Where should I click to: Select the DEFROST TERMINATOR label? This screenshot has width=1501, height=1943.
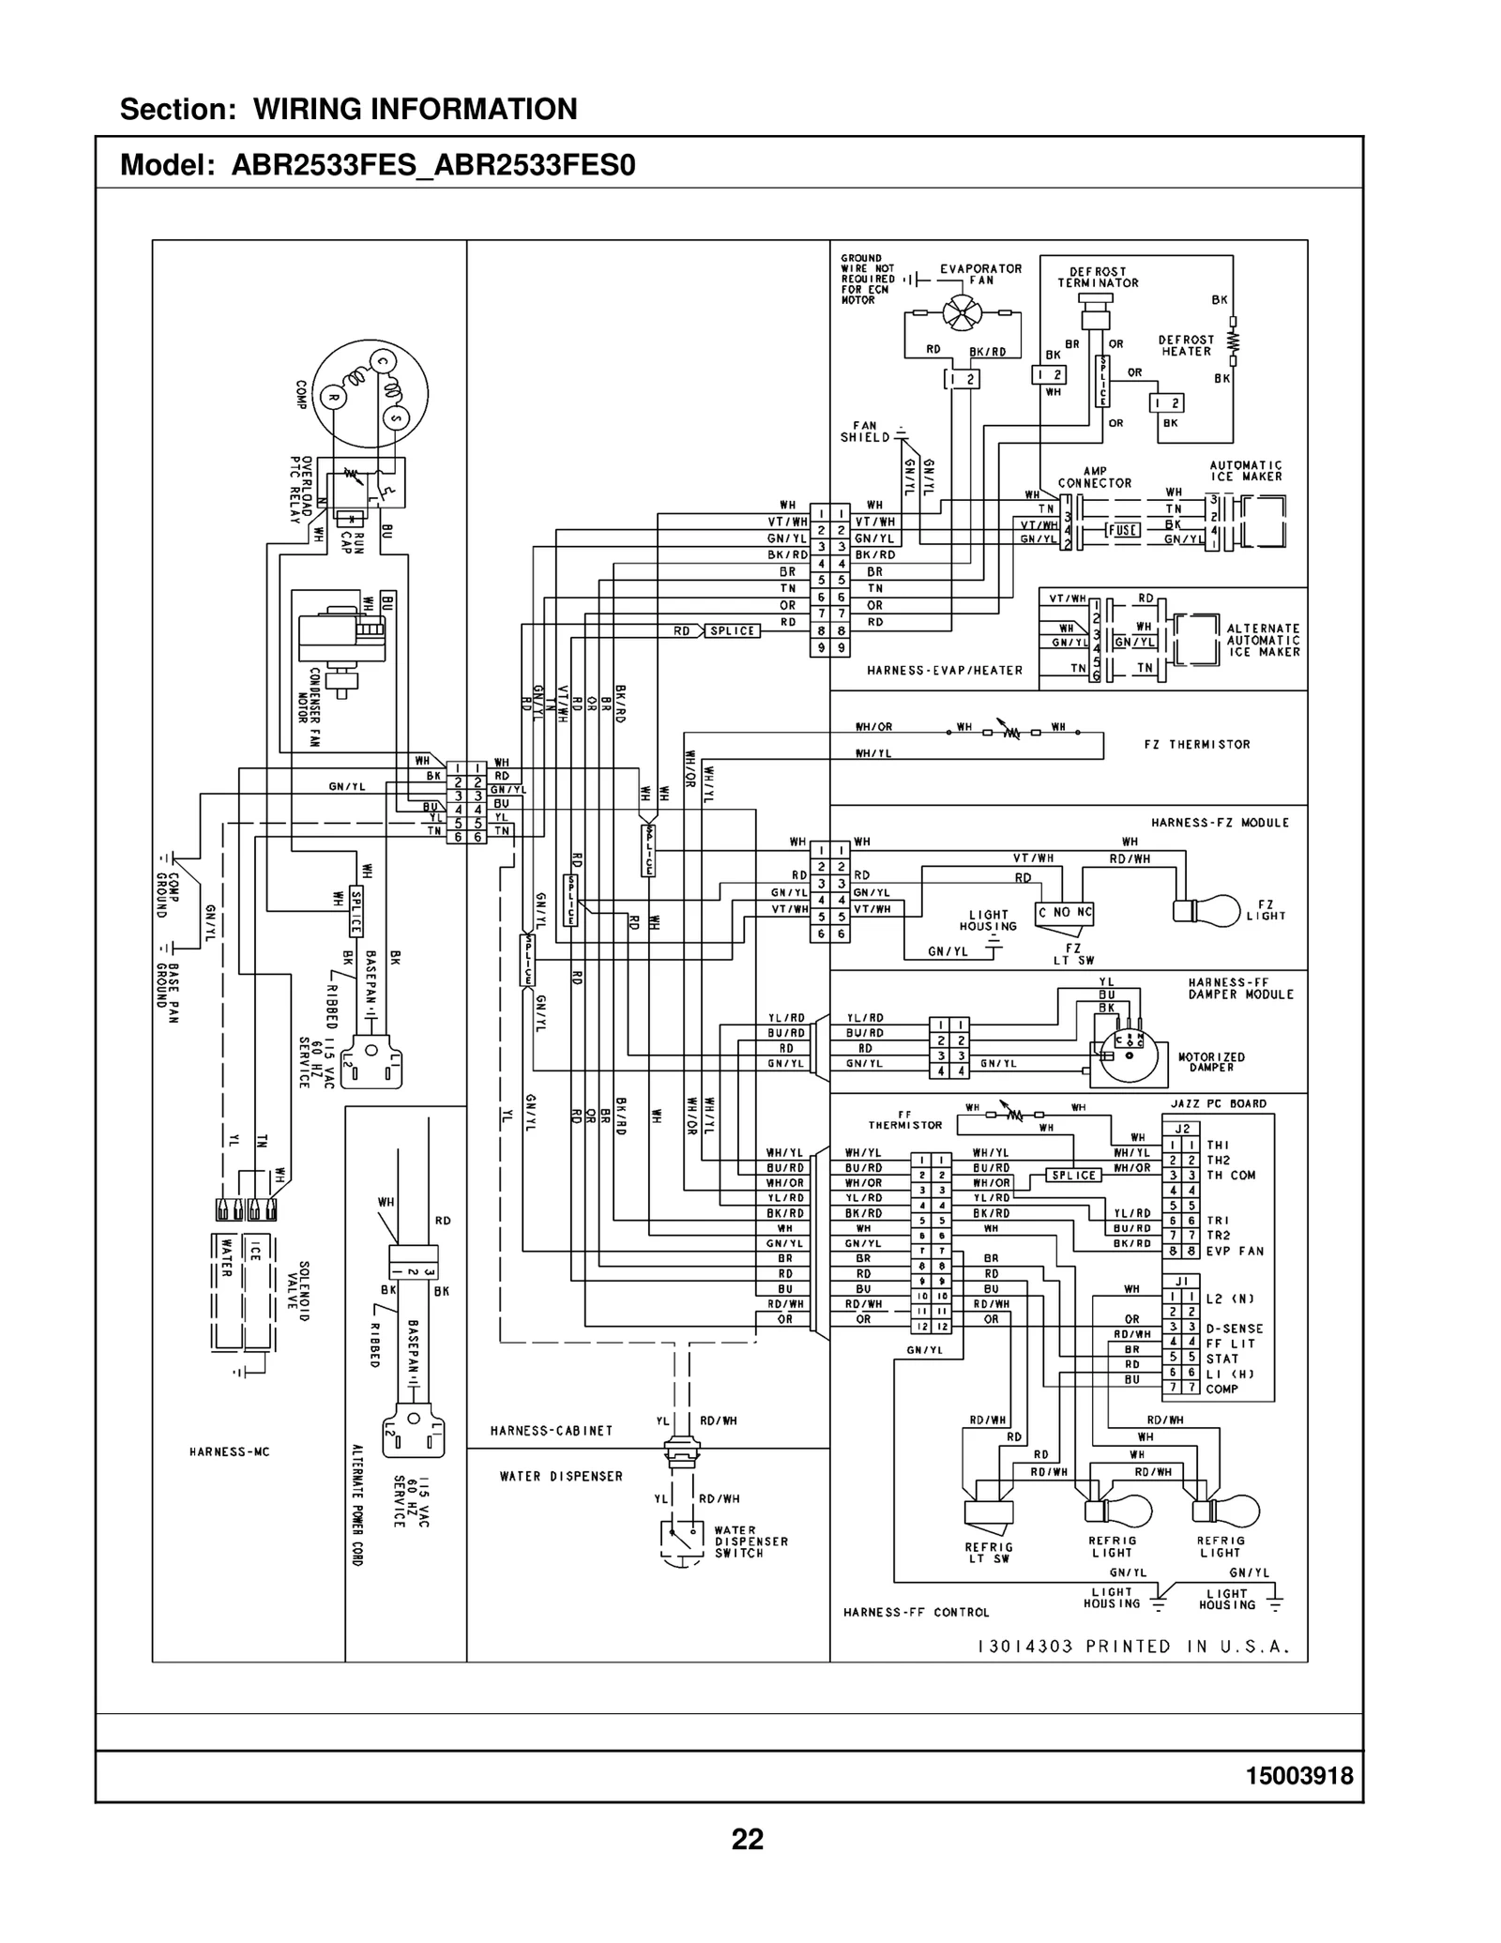pyautogui.click(x=1098, y=277)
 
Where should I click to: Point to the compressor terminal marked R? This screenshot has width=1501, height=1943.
pyautogui.click(x=332, y=398)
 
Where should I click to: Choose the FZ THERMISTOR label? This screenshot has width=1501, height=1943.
pyautogui.click(x=1197, y=744)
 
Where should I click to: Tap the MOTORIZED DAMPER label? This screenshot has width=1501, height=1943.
pyautogui.click(x=1211, y=1062)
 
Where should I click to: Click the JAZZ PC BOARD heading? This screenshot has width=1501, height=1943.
pyautogui.click(x=1218, y=1103)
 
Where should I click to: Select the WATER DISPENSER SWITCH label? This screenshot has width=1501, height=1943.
pyautogui.click(x=751, y=1541)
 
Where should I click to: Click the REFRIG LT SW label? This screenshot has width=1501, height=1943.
pyautogui.click(x=988, y=1553)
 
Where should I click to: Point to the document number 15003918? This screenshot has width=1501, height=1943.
pyautogui.click(x=1298, y=1776)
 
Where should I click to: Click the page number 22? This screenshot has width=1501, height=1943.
pyautogui.click(x=748, y=1840)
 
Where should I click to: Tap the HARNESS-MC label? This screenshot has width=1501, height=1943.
pyautogui.click(x=229, y=1451)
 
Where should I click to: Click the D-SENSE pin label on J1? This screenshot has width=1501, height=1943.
pyautogui.click(x=1235, y=1328)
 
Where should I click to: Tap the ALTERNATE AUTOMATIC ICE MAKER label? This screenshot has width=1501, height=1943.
pyautogui.click(x=1263, y=640)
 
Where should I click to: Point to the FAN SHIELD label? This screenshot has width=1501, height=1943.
pyautogui.click(x=864, y=432)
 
